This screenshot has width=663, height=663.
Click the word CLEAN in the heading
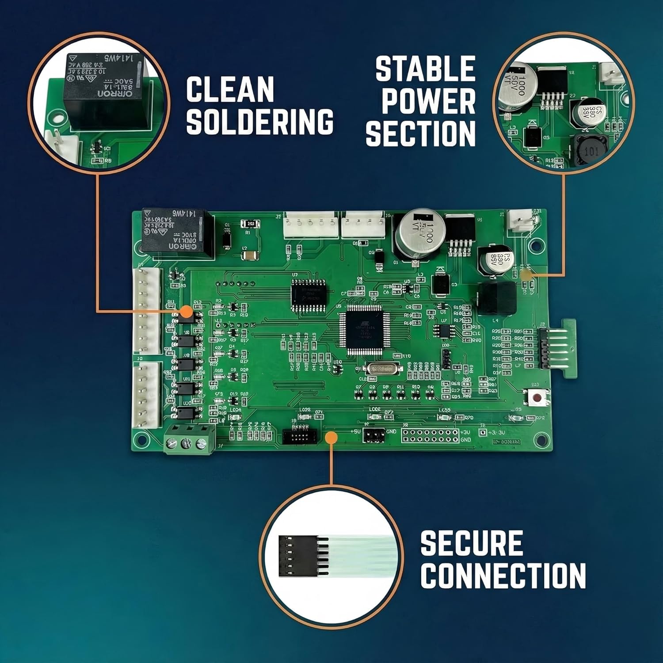click(230, 90)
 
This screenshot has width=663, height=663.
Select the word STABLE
click(425, 69)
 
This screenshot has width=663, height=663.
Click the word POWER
click(428, 101)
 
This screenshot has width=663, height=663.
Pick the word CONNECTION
click(503, 575)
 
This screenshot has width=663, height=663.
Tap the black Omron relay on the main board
click(174, 231)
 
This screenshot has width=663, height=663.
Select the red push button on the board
click(537, 398)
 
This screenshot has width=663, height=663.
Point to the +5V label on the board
click(356, 431)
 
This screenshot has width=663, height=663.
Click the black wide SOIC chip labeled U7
click(309, 292)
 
